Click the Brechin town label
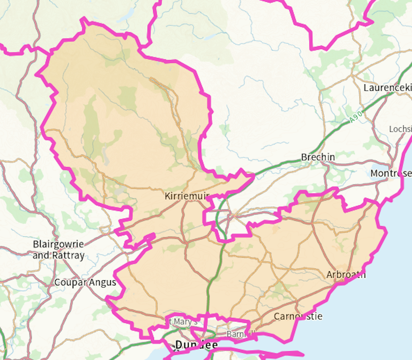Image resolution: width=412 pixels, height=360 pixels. point(318,157)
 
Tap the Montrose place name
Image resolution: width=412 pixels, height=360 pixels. point(391,173)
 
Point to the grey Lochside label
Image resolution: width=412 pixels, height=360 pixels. point(400,129)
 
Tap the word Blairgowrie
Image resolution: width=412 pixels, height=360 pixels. point(58,244)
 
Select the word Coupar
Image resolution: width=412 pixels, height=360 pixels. point(69,282)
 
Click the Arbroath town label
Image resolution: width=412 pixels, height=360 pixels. point(346,275)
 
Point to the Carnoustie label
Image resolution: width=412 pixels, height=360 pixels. point(298,316)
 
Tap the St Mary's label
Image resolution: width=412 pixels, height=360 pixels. point(183,322)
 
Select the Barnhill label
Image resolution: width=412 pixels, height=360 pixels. point(240,334)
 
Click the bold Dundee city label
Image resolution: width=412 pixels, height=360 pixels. point(196,345)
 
